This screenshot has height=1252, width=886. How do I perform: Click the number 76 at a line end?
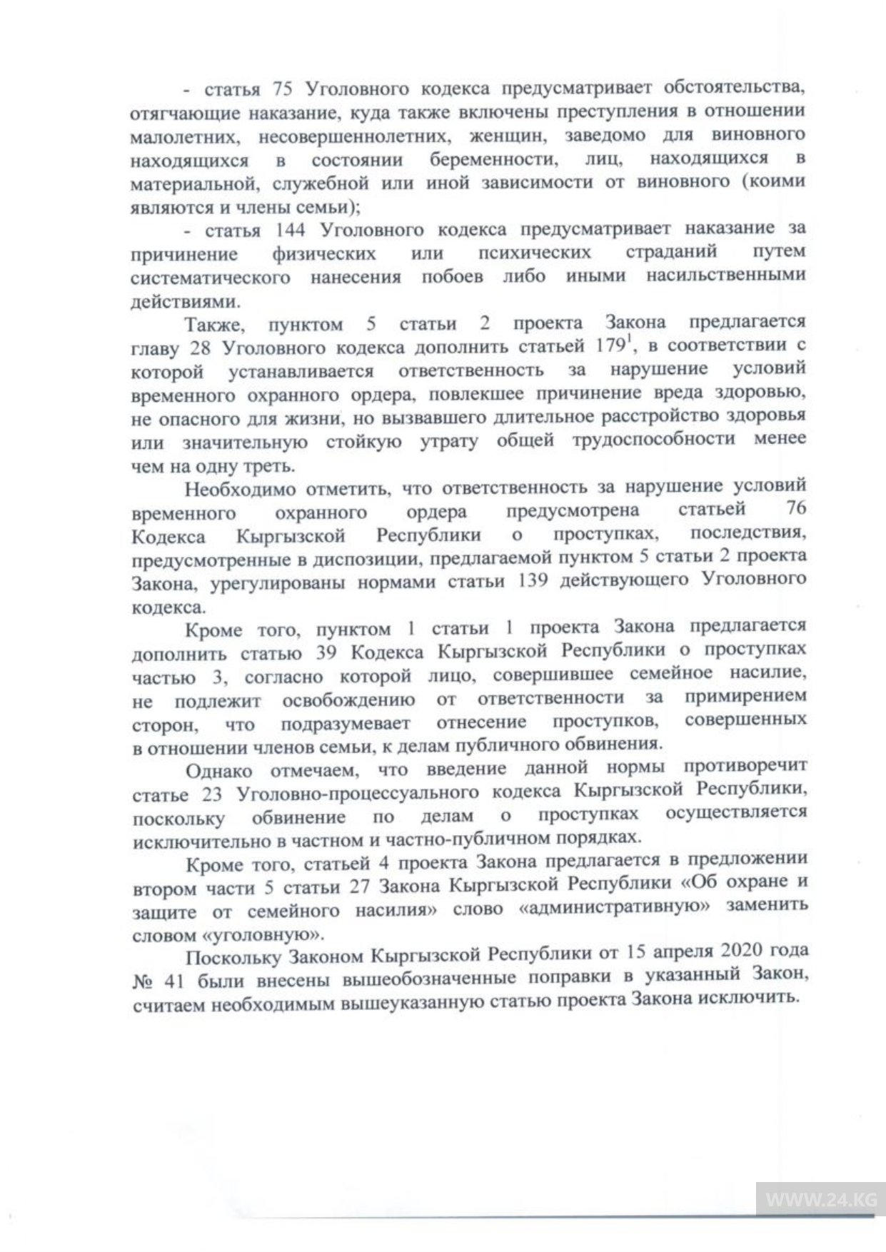(x=795, y=510)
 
